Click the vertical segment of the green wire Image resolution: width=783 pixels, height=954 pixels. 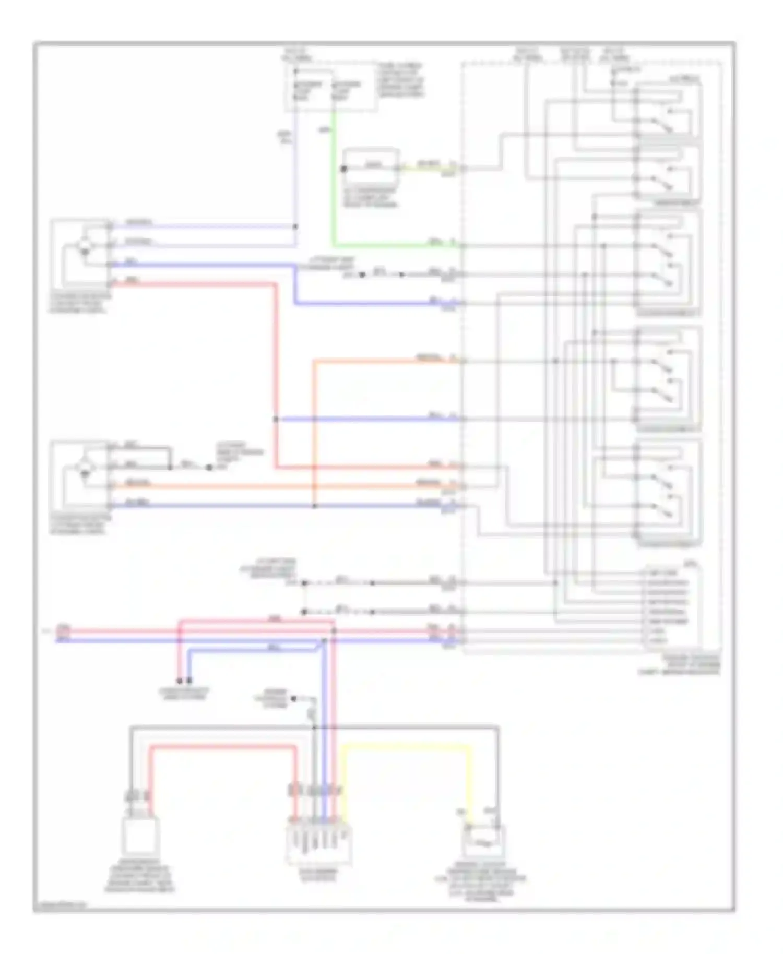click(x=334, y=177)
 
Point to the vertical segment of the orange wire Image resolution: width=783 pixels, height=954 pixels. click(x=314, y=428)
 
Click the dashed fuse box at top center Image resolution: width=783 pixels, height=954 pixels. click(x=331, y=87)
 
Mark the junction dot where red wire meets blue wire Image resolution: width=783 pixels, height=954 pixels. click(x=276, y=419)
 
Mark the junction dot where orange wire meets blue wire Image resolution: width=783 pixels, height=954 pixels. click(x=314, y=506)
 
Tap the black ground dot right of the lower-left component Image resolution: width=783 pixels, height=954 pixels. click(x=209, y=468)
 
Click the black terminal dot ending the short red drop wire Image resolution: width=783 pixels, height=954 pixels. click(x=179, y=681)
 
